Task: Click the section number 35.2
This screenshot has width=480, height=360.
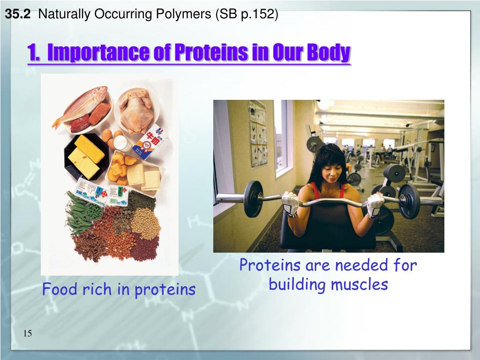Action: point(18,14)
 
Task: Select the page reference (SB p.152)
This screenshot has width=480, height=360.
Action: point(247,15)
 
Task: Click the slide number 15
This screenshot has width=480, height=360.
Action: point(27,333)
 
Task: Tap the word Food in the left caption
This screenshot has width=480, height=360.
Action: point(60,289)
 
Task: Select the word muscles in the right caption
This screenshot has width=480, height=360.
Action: point(360,284)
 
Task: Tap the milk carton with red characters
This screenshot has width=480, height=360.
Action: point(150,142)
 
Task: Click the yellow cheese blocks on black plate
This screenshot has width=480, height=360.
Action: point(86,156)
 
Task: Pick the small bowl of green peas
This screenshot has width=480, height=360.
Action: point(94,211)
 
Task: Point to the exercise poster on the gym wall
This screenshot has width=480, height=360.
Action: point(258,134)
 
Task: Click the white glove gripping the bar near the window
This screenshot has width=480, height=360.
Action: point(290,203)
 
